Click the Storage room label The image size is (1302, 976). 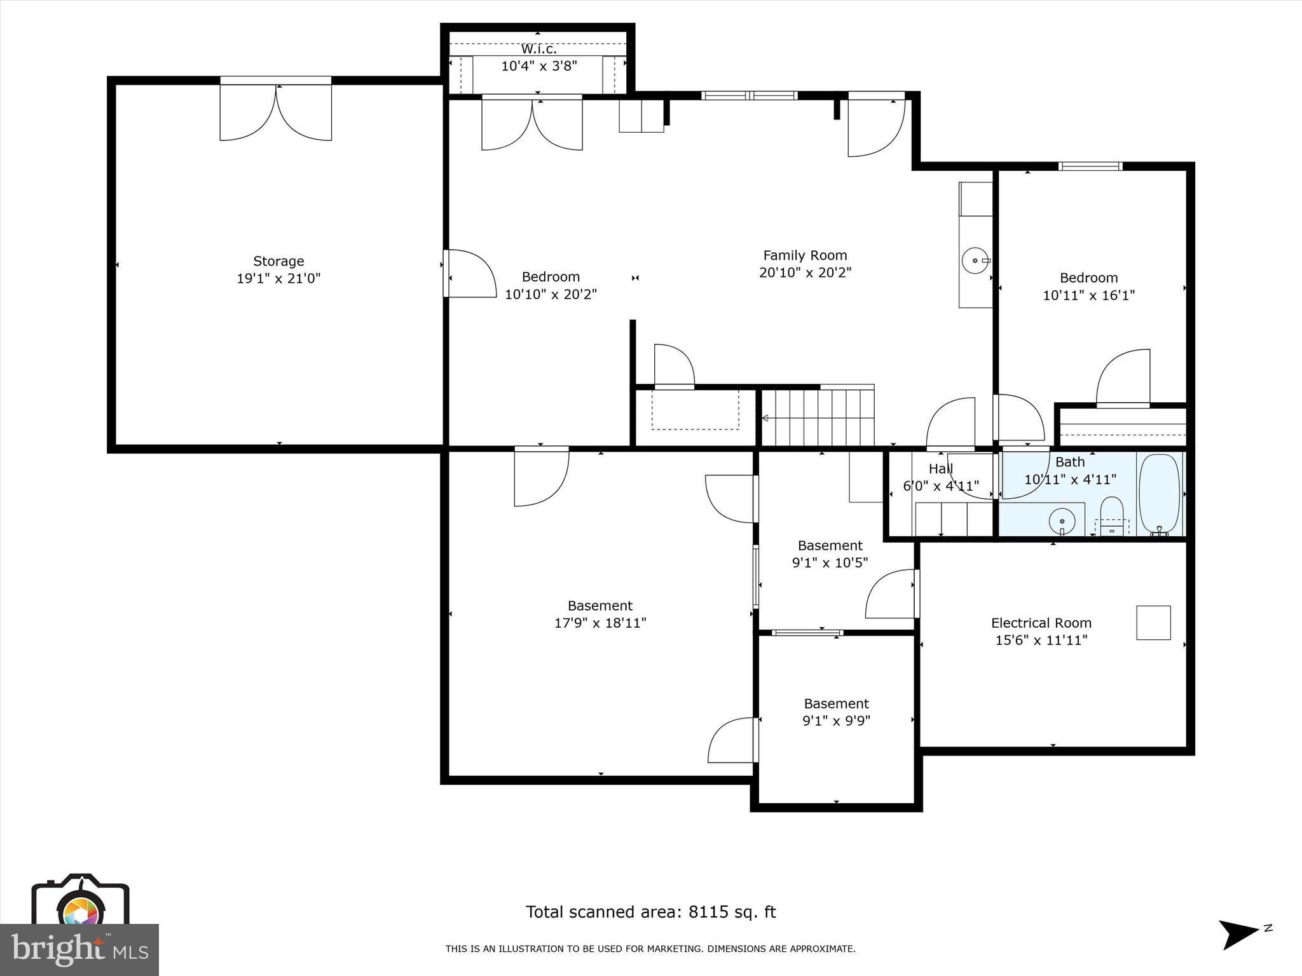tap(278, 261)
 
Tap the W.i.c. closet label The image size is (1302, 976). tap(538, 49)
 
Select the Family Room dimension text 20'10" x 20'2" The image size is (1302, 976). tap(805, 273)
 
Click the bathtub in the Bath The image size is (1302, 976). tap(1159, 494)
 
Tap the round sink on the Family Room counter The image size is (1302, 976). tap(975, 261)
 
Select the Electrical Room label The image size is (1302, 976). tap(1041, 623)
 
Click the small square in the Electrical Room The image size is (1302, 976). tap(1153, 623)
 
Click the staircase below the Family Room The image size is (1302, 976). tap(818, 417)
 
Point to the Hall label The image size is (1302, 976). tap(940, 469)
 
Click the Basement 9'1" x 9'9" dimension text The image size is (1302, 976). tap(836, 721)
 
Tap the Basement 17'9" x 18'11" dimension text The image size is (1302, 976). tap(600, 623)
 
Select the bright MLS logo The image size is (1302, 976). tap(79, 949)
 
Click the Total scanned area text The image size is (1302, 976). tap(650, 912)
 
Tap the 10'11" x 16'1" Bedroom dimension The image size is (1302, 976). tap(1088, 295)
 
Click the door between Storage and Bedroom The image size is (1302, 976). tap(469, 274)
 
